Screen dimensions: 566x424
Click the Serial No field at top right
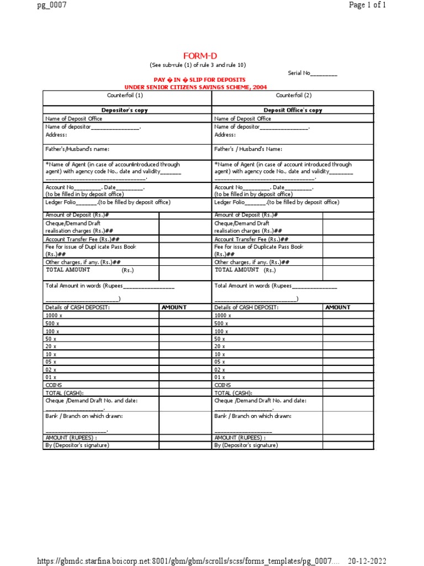point(312,73)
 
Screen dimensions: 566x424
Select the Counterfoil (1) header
point(128,95)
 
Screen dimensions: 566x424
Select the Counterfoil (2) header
point(294,95)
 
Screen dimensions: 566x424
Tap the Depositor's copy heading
point(128,110)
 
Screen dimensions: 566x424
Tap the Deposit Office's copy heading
point(293,110)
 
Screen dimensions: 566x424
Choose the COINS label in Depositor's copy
point(54,385)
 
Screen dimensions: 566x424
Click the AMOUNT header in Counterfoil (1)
point(174,307)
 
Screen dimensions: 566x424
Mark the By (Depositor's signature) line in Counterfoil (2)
point(246,445)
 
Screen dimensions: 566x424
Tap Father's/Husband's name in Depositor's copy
point(77,149)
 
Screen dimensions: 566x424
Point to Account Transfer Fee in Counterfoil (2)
point(251,239)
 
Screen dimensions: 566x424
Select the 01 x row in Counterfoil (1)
point(51,377)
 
